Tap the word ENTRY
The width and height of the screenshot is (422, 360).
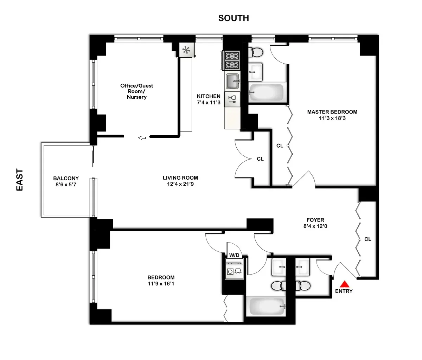(344, 291)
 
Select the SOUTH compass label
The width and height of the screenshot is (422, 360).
(234, 18)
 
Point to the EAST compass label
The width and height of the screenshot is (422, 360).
(20, 180)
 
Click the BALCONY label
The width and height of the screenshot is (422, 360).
(66, 178)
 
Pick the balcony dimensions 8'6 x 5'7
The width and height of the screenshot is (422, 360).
(66, 184)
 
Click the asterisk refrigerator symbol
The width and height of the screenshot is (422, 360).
(186, 50)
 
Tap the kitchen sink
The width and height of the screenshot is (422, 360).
(232, 81)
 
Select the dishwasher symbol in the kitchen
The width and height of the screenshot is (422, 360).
(232, 99)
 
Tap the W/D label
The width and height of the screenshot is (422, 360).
(234, 255)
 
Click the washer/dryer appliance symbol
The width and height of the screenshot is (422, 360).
(234, 271)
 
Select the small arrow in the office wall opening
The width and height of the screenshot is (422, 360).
(142, 138)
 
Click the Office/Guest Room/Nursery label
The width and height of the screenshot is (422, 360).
(136, 91)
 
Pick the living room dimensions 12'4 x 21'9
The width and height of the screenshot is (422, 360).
(180, 184)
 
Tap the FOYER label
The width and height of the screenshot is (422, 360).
(315, 220)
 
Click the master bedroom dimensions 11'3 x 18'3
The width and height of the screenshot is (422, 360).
(332, 118)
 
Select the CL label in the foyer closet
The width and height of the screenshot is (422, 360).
(367, 239)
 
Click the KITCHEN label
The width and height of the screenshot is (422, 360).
(209, 96)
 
